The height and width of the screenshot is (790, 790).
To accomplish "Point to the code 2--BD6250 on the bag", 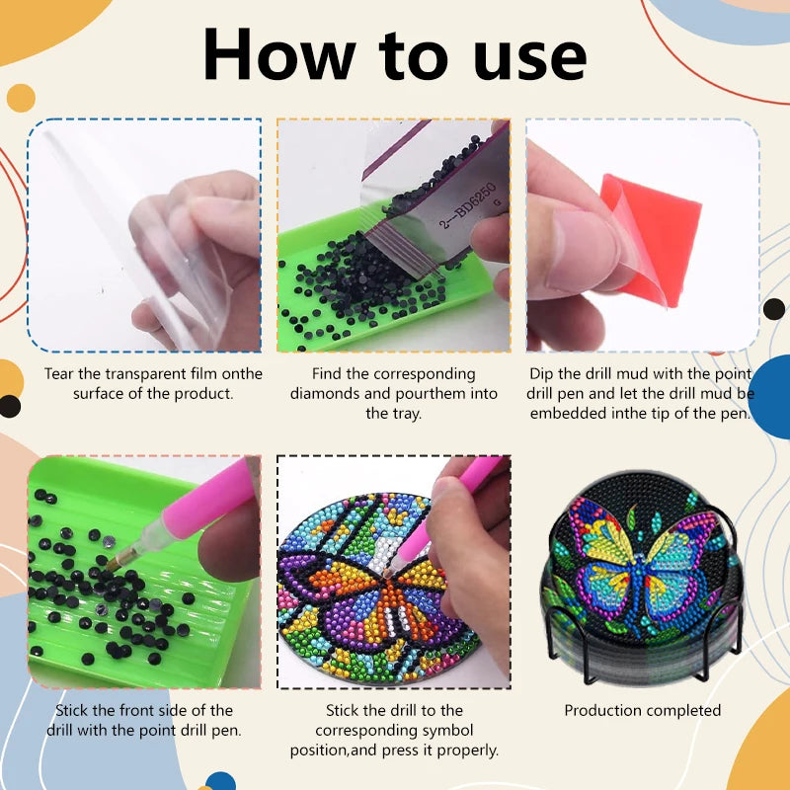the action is click(467, 206).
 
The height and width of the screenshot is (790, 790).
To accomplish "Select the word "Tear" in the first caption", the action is click(59, 374).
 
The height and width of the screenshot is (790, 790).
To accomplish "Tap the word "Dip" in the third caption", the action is click(541, 374).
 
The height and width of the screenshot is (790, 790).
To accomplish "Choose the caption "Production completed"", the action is click(643, 710).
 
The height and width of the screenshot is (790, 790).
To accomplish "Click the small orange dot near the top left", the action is click(21, 98).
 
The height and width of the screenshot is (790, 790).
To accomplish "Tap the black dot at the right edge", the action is click(774, 309).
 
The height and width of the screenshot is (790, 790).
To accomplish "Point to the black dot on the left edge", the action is click(10, 407).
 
